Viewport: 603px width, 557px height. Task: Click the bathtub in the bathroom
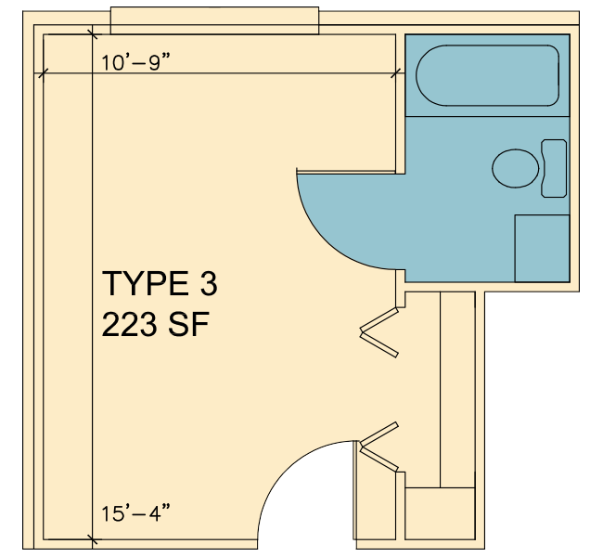tap(487, 75)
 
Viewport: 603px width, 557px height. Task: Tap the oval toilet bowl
tap(515, 168)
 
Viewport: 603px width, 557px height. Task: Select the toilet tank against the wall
tap(554, 168)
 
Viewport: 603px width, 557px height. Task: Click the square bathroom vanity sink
tap(543, 248)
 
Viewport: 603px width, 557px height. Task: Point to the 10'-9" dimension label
tap(135, 62)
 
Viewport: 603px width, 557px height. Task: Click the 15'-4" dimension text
tap(135, 513)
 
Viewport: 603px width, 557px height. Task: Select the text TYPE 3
tap(160, 283)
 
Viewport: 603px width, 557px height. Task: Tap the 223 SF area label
tap(155, 324)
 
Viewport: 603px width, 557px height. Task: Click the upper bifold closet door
tap(379, 331)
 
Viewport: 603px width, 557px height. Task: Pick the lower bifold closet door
tap(379, 447)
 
